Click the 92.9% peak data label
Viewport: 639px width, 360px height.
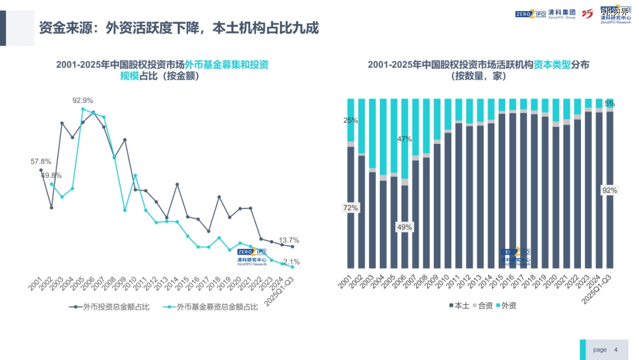pyautogui.click(x=83, y=101)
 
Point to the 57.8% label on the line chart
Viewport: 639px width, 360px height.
pyautogui.click(x=41, y=161)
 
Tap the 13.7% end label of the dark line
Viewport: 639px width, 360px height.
pyautogui.click(x=289, y=240)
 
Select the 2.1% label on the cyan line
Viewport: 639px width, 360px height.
pyautogui.click(x=292, y=262)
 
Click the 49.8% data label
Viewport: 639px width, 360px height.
pyautogui.click(x=51, y=175)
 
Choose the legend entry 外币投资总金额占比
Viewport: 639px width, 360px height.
pyautogui.click(x=110, y=307)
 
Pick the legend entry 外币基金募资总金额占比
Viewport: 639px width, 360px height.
pyautogui.click(x=213, y=307)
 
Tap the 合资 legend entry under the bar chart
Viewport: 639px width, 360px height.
pyautogui.click(x=484, y=306)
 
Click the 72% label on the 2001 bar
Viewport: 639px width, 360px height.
pyautogui.click(x=351, y=208)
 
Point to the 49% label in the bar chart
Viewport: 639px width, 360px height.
pyautogui.click(x=405, y=227)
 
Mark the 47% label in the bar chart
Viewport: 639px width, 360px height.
pyautogui.click(x=405, y=139)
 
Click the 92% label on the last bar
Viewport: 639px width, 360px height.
pyautogui.click(x=609, y=191)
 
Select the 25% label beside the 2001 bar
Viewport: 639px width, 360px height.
pyautogui.click(x=351, y=121)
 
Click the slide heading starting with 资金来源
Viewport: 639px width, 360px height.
pyautogui.click(x=179, y=28)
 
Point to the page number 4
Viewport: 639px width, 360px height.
pyautogui.click(x=616, y=350)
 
